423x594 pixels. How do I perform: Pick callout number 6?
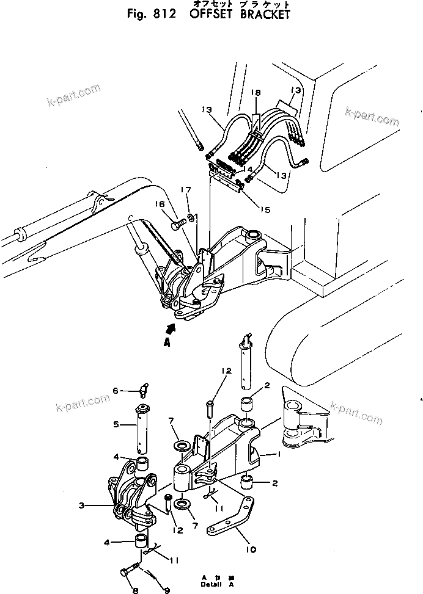point(114,391)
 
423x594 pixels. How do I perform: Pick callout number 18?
point(255,92)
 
